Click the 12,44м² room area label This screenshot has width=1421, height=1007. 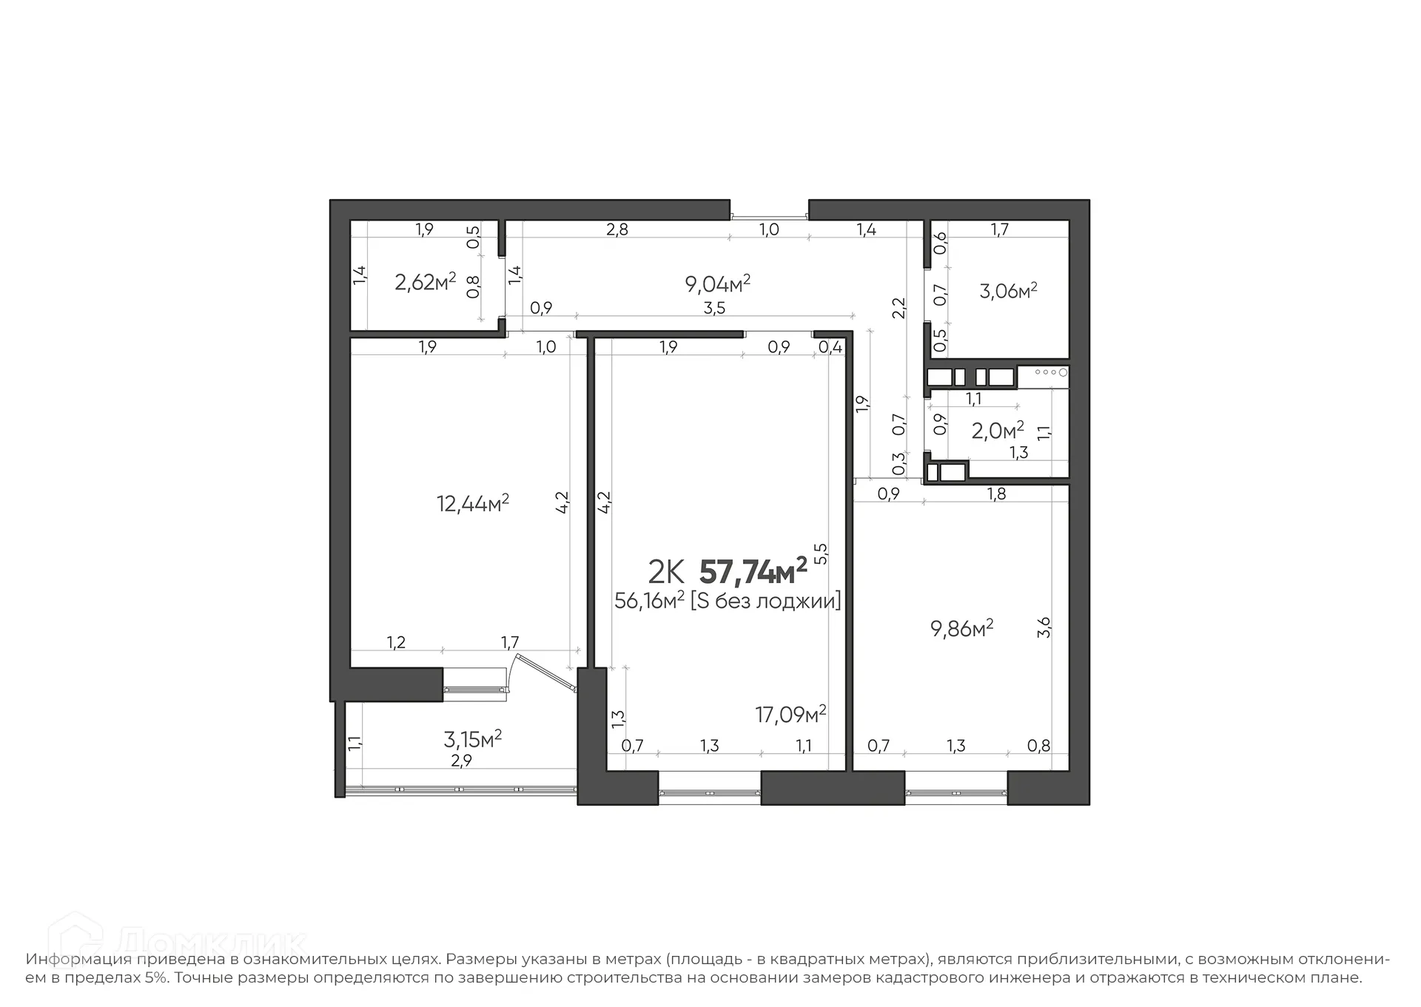pos(472,504)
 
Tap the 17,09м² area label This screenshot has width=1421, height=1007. pos(790,714)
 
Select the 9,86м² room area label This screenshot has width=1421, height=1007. pos(961,629)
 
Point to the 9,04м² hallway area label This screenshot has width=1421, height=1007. pos(718,283)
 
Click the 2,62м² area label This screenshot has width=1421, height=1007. pos(425,282)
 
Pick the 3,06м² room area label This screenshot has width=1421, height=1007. pos(1007,291)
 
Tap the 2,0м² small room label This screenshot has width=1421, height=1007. pos(997,430)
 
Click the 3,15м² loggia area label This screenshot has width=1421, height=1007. pos(472,738)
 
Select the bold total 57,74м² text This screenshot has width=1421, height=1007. pos(752,572)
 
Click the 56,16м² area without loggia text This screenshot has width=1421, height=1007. pos(727,601)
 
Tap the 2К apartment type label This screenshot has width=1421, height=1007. pos(665,572)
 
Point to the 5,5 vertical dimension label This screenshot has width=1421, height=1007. pos(820,553)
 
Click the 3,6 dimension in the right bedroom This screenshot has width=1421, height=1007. pos(1044,627)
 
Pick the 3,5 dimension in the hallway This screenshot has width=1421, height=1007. pos(714,309)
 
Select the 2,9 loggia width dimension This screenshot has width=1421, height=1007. pos(461,761)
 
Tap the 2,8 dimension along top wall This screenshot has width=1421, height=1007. pos(617,229)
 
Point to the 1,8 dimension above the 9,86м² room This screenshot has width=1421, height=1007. pos(996,494)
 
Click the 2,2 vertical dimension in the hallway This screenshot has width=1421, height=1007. pos(898,307)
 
